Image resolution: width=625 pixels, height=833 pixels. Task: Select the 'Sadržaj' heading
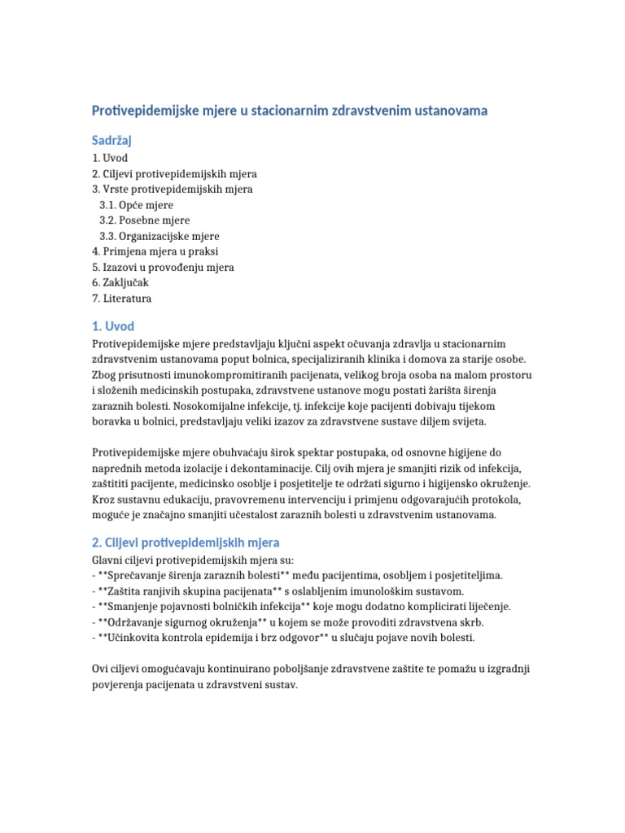coord(112,141)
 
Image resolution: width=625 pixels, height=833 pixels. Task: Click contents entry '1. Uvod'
coord(110,158)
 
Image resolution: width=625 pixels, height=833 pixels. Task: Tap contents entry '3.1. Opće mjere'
coord(136,205)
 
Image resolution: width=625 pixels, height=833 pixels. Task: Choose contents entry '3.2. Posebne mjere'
coord(144,220)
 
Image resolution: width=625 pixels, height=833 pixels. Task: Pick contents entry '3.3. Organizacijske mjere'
coord(160,236)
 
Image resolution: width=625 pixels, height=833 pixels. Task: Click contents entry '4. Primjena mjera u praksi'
coord(155,251)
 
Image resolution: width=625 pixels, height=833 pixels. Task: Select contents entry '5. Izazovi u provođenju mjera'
coord(163,267)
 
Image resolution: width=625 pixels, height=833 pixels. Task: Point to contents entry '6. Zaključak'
coord(120,282)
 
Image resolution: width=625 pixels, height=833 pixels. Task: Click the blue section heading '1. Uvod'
coord(112,327)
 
